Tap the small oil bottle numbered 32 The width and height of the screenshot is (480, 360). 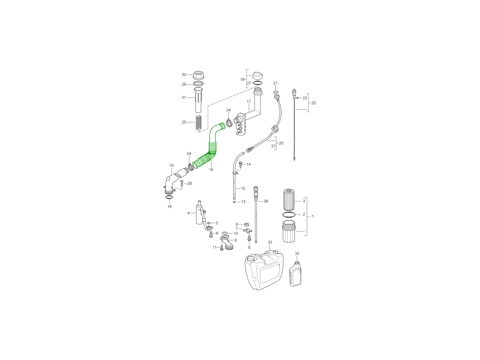(x=296, y=274)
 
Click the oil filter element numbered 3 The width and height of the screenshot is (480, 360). (x=289, y=200)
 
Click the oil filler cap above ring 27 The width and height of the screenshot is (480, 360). (x=257, y=76)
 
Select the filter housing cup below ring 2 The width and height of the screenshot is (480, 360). (x=289, y=231)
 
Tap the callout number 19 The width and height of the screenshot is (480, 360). (x=211, y=169)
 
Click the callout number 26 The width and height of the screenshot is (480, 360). (x=266, y=201)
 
